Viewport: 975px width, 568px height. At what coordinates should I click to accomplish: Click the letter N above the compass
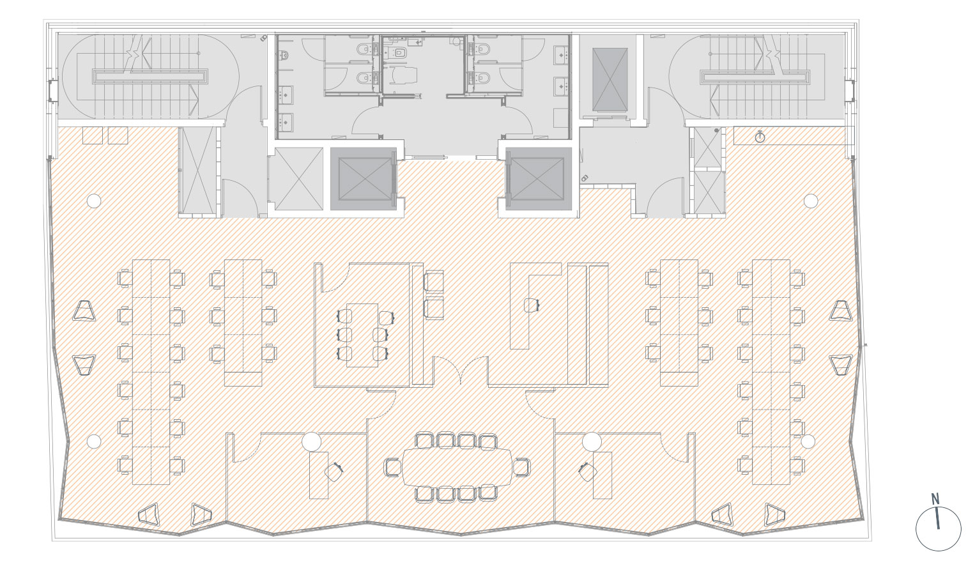[935, 499]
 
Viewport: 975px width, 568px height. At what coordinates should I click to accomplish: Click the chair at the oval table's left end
[392, 467]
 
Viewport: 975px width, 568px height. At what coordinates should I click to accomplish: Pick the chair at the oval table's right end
[521, 467]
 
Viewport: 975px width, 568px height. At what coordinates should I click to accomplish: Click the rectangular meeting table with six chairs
[362, 335]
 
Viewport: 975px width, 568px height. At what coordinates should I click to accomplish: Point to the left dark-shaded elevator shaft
[364, 179]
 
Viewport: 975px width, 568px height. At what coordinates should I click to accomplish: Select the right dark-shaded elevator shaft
[538, 179]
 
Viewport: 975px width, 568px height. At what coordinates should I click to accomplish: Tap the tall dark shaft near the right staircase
[610, 79]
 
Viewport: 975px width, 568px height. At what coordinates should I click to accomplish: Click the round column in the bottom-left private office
[312, 441]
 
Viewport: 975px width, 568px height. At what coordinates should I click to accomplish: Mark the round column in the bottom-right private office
[592, 441]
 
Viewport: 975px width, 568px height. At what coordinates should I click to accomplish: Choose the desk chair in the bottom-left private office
[334, 472]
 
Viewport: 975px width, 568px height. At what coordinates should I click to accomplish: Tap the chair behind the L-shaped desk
[531, 305]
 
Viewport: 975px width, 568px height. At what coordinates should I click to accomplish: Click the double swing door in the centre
[461, 370]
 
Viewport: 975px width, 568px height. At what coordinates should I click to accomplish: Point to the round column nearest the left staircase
[94, 201]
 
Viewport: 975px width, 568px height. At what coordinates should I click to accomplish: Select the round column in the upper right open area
[810, 201]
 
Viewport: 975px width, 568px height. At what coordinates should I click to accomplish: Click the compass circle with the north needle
[939, 529]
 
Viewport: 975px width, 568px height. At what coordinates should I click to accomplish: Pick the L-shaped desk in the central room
[535, 305]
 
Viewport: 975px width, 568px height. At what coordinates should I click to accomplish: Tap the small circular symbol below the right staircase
[760, 137]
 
